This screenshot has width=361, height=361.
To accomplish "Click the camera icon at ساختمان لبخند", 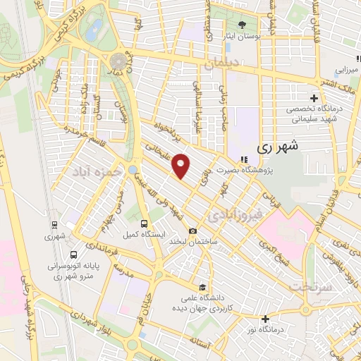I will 192,231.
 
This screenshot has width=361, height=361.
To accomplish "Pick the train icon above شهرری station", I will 54,225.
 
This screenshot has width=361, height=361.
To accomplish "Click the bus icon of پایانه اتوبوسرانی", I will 74,255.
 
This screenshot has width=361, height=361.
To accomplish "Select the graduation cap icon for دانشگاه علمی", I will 202,287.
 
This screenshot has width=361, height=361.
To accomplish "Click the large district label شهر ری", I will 279,147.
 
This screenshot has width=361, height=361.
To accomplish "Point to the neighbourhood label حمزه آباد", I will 95,172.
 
